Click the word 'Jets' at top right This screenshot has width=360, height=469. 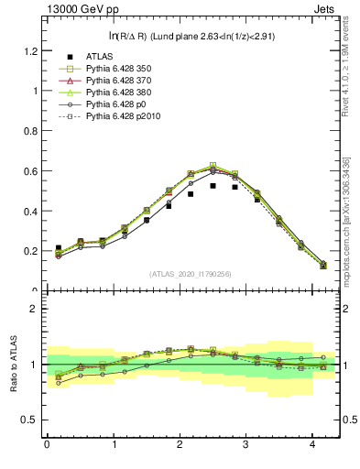[325, 10]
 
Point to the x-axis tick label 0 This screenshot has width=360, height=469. [47, 445]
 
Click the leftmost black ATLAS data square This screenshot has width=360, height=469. [58, 248]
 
